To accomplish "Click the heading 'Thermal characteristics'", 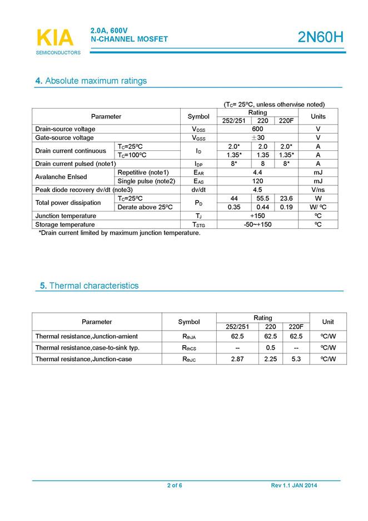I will click(x=89, y=286).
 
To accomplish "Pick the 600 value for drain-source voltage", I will click(x=257, y=129).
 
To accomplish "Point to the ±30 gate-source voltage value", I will click(x=257, y=137).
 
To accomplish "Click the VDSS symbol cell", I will click(x=198, y=129).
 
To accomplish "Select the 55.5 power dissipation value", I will click(x=263, y=199).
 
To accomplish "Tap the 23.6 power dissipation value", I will click(x=287, y=199).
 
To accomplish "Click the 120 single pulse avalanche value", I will click(x=257, y=181).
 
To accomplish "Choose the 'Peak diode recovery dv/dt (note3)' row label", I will click(x=84, y=190).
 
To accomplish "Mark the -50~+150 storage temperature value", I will click(x=257, y=224).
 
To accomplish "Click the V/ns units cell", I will click(x=318, y=190).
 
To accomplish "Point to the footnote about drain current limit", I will click(x=119, y=233).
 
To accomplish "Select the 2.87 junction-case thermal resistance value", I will click(x=237, y=359).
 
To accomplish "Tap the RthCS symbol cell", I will click(x=190, y=348).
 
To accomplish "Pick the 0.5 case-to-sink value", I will click(x=271, y=348).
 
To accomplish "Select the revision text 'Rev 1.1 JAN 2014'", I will click(x=294, y=486).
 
